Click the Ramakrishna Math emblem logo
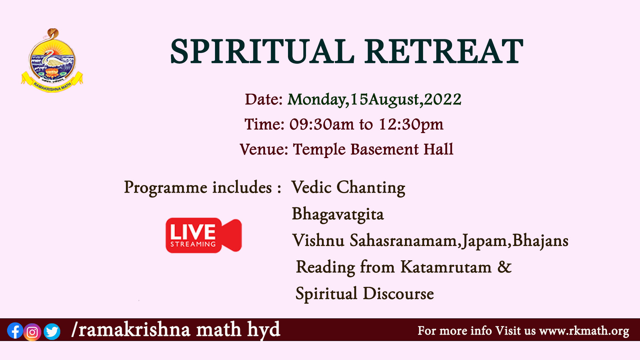52,60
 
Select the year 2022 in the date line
443,99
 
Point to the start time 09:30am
321,124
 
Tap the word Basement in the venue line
384,149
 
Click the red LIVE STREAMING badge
204,235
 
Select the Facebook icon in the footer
15,331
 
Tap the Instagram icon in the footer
32,332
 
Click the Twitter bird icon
52,332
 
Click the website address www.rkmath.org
584,331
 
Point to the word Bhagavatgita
338,214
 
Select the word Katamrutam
446,267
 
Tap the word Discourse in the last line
398,294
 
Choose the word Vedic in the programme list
312,187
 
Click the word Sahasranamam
403,240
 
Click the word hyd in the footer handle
264,330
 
